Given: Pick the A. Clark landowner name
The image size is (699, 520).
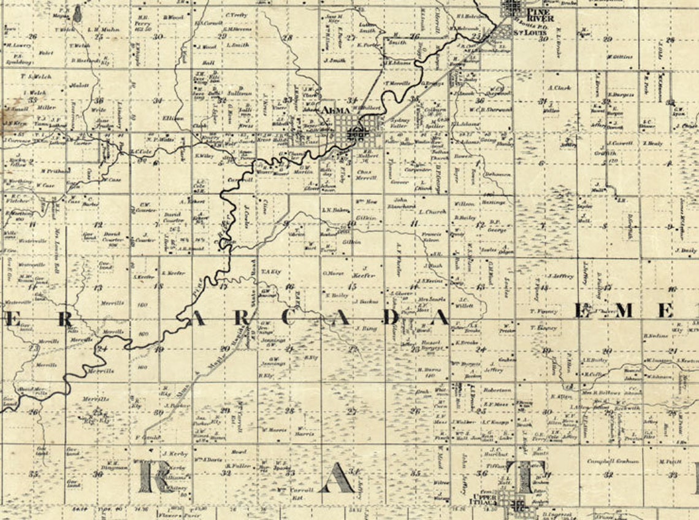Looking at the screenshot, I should pos(559,88).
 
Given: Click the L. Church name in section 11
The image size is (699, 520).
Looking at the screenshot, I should pos(432,212).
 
